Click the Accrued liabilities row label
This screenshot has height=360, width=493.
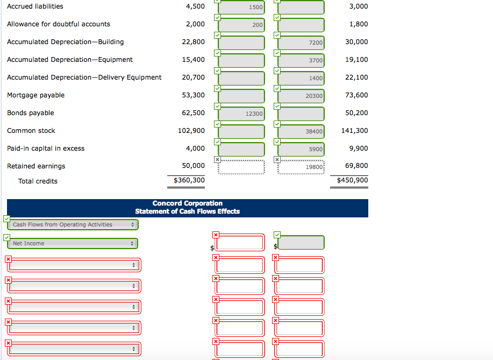tap(35, 6)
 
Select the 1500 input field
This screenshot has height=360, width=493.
tap(241, 7)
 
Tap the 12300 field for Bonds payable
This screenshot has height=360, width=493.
tap(241, 114)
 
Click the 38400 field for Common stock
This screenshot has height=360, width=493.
tap(301, 131)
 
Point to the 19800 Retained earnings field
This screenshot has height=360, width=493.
tap(301, 167)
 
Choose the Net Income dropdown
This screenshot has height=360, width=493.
tap(73, 244)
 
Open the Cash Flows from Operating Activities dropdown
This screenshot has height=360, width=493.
tap(73, 225)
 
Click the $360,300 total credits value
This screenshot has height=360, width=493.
tap(189, 180)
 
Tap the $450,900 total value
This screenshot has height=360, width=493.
tap(353, 180)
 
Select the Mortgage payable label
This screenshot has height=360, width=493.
tap(35, 95)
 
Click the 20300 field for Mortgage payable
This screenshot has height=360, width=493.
tap(301, 96)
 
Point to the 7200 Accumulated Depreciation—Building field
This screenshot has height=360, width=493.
tap(301, 43)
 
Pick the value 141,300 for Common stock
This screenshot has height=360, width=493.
tap(355, 131)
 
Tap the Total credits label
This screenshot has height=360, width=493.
tap(38, 181)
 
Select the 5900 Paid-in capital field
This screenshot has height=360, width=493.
tap(301, 149)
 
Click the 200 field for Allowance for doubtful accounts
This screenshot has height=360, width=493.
tap(241, 25)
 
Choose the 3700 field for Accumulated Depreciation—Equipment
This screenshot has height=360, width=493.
tap(301, 60)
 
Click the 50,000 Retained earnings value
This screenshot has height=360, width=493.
tap(194, 166)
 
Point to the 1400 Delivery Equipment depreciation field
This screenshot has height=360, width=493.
tap(301, 78)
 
